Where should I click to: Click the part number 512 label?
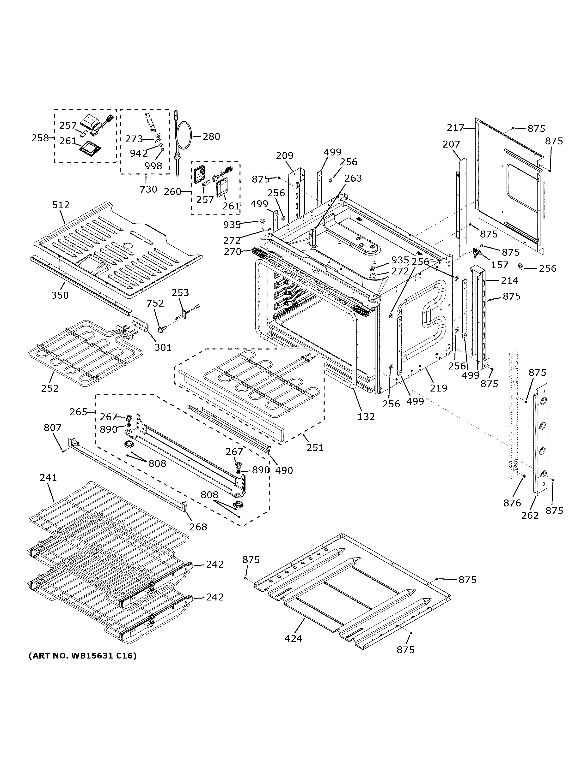click(61, 205)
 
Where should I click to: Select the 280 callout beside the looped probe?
click(211, 137)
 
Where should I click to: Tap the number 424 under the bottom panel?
click(293, 639)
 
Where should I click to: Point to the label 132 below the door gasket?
click(366, 416)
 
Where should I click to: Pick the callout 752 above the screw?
click(155, 303)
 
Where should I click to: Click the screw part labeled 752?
click(161, 329)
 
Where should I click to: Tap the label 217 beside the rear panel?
click(455, 128)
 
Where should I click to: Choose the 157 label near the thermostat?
click(500, 265)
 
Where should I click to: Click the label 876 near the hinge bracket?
click(512, 503)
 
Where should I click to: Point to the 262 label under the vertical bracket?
click(530, 515)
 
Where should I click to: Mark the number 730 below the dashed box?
click(148, 189)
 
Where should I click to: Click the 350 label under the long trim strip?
click(60, 296)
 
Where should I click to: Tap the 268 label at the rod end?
click(198, 527)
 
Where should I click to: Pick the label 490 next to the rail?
click(284, 470)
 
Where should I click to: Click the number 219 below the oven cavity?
click(438, 388)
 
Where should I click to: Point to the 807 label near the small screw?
click(53, 428)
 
